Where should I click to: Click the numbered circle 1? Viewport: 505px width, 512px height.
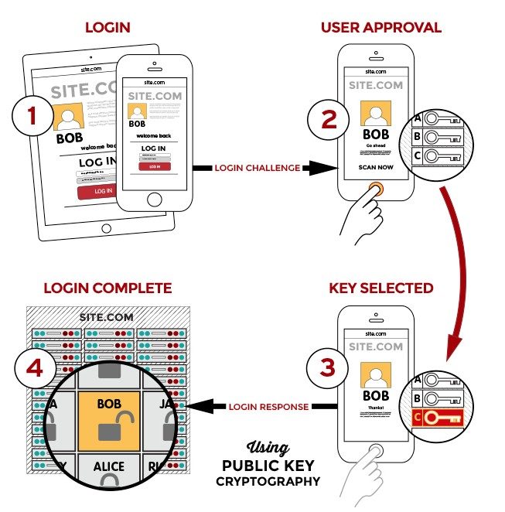click(x=32, y=117)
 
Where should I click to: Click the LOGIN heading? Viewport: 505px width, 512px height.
click(x=108, y=29)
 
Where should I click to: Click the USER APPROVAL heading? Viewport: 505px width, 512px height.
click(x=380, y=28)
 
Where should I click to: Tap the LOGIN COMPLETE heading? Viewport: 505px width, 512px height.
click(x=107, y=288)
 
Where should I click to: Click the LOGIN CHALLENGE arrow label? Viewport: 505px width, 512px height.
click(x=257, y=168)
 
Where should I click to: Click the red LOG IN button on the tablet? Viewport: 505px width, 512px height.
click(x=102, y=191)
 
